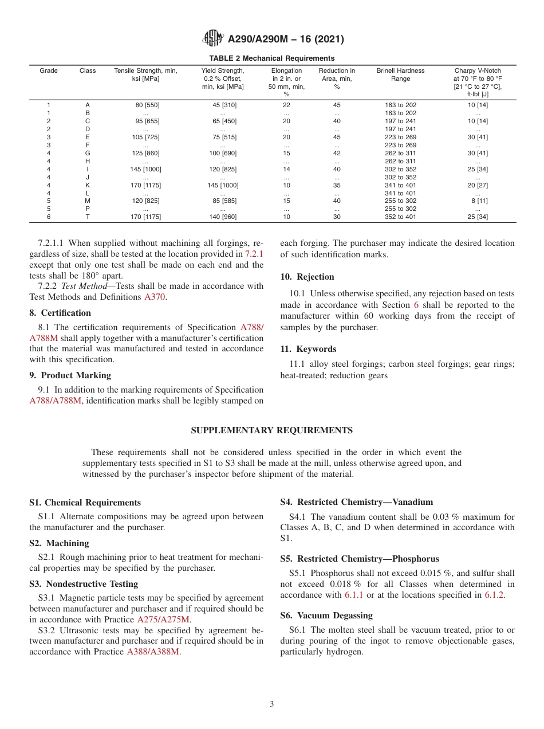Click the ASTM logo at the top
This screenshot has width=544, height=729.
214,39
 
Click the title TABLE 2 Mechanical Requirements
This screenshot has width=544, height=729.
272,58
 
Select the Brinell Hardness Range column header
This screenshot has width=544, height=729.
400,75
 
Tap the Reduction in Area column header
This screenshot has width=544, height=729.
337,79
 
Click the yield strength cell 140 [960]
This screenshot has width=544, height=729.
223,217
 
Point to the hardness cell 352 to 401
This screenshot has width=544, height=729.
400,217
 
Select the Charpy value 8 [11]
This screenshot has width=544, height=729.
478,201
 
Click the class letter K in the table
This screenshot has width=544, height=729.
88,185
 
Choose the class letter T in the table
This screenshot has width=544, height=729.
88,217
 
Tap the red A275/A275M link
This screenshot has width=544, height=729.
163,620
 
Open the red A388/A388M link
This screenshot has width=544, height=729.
153,652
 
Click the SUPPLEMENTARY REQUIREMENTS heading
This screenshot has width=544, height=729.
272,430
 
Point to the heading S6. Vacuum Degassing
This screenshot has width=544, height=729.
326,616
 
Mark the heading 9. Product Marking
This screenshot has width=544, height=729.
70,375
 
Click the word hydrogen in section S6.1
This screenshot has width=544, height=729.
344,652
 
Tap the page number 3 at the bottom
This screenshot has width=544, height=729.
272,704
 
